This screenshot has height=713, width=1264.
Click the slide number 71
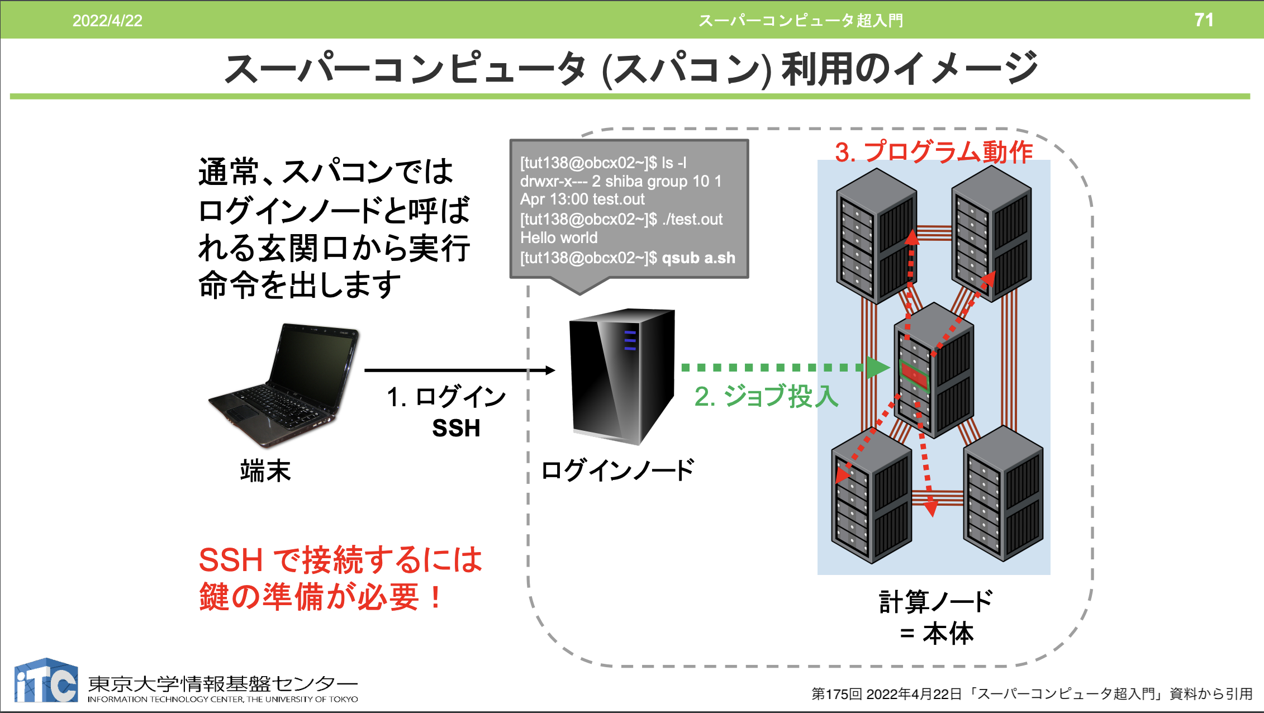pos(1204,20)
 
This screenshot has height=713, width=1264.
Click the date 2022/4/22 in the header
pos(107,21)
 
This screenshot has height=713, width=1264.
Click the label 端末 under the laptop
pos(265,470)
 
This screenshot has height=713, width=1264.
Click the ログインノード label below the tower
pos(618,470)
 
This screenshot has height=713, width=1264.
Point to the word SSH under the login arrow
pos(456,428)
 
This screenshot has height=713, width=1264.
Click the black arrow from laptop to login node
pos(458,370)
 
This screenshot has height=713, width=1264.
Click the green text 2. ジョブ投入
pos(766,397)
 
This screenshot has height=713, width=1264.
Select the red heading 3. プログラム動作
pos(933,151)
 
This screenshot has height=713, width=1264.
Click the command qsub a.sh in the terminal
pos(698,258)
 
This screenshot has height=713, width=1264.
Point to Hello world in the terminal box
pos(559,238)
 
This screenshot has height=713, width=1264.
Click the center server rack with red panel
pos(933,372)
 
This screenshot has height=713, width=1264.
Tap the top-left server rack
pos(876,237)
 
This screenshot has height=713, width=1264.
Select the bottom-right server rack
pos(1003,495)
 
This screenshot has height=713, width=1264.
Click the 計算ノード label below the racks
pos(936,602)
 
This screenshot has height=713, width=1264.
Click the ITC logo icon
pos(46,681)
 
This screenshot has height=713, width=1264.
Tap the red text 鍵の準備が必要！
pos(321,597)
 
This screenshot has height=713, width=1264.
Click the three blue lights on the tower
pos(630,340)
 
